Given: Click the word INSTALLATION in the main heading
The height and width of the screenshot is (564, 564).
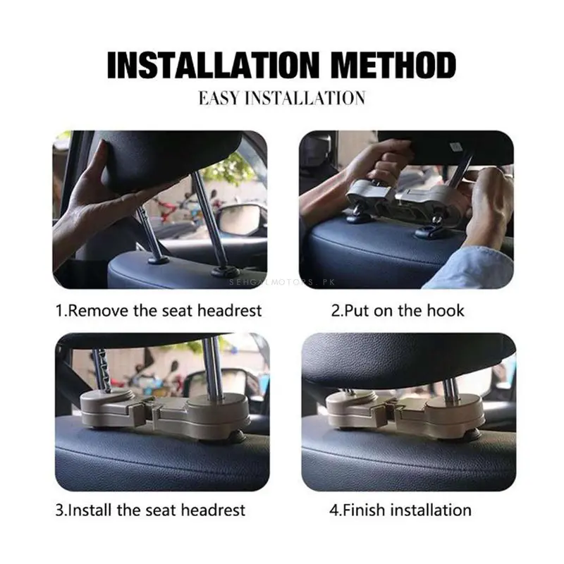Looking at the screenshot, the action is pyautogui.click(x=214, y=65).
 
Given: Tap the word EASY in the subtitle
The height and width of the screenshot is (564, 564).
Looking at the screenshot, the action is pyautogui.click(x=219, y=98).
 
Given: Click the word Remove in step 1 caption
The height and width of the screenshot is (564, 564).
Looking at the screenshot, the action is pyautogui.click(x=98, y=311).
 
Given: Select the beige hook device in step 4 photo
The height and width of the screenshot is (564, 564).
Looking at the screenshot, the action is pyautogui.click(x=404, y=412).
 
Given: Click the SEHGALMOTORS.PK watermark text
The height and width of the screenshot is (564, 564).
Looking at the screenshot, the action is pyautogui.click(x=282, y=282).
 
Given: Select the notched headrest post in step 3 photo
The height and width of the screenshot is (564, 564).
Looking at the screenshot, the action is pyautogui.click(x=102, y=371).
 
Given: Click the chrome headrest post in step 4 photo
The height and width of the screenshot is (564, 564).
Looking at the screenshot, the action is pyautogui.click(x=450, y=391).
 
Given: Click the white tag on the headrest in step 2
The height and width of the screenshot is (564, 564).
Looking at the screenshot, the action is pyautogui.click(x=455, y=147).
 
